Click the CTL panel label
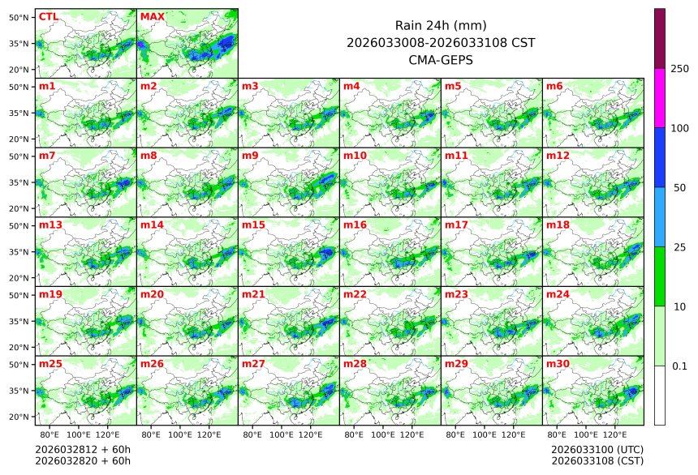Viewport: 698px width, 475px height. click(x=48, y=16)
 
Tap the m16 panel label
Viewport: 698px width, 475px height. click(x=355, y=225)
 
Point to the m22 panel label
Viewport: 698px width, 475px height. click(x=355, y=294)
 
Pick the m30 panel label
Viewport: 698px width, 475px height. click(x=558, y=364)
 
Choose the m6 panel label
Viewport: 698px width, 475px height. click(x=554, y=86)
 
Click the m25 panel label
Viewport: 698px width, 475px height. click(x=50, y=364)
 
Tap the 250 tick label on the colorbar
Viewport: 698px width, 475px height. click(x=679, y=68)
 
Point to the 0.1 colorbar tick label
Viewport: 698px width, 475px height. click(x=679, y=366)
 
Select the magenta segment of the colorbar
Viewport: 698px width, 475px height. click(x=660, y=97)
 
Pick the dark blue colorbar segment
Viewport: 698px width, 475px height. click(x=660, y=157)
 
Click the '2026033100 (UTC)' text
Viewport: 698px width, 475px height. click(x=597, y=449)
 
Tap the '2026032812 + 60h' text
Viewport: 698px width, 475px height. click(x=83, y=449)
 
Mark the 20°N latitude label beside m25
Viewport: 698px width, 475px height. click(x=19, y=417)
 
